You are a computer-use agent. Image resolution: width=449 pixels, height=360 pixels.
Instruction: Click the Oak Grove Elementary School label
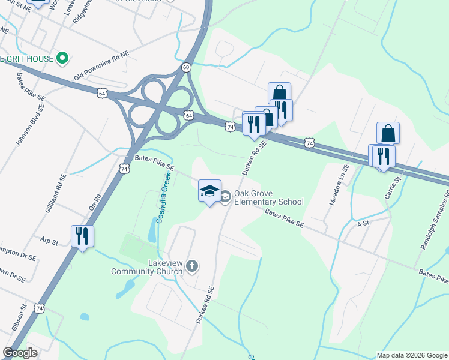coord(268,197)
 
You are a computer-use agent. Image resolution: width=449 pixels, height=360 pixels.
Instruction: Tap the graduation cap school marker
coord(209,191)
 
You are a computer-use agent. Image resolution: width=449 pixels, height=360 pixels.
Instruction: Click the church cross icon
coord(191,266)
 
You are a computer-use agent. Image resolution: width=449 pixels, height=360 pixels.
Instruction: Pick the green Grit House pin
coord(62,58)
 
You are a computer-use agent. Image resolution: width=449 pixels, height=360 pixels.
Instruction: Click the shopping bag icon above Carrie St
coord(388,133)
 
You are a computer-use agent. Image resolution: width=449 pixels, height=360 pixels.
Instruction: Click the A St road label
coord(362,223)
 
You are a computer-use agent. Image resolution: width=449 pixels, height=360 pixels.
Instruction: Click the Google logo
coord(20,353)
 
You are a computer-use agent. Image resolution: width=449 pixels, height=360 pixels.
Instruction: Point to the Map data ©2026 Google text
coord(411,355)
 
